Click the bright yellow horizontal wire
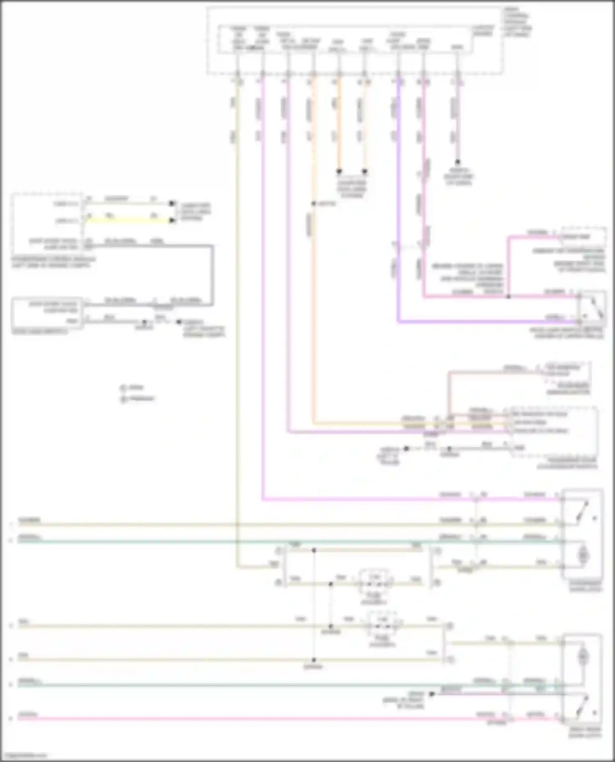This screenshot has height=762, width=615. point(127,220)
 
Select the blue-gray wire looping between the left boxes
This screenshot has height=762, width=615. point(212,274)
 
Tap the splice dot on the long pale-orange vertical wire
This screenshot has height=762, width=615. point(313,204)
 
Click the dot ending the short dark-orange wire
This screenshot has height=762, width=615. point(339,171)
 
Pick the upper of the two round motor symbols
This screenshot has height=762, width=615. point(583,556)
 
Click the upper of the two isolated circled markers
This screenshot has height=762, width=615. point(123,388)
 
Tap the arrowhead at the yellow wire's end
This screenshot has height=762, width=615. point(172,220)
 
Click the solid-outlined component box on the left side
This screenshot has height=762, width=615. point(47,313)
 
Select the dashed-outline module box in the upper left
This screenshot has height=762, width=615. point(47,224)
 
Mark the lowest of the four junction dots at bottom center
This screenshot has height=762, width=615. point(314,660)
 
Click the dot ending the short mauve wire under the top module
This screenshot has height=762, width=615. point(458,162)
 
